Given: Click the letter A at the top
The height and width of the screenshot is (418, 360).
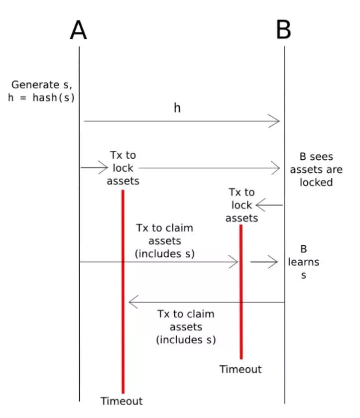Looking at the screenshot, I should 79,30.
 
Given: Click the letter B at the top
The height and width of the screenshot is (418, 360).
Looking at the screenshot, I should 283,30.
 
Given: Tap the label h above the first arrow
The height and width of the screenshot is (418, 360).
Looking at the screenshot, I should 177,107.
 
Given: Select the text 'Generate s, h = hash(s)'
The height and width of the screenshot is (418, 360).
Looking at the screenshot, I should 41,91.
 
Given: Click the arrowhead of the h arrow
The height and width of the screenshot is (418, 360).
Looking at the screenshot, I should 275,121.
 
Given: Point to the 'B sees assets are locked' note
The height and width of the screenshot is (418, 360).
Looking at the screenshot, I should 316,170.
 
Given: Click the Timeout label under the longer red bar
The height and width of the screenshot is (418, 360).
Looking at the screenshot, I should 121,401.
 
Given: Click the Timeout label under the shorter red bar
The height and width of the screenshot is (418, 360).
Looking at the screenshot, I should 240,369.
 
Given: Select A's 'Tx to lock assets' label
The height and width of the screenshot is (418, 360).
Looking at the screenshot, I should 123,168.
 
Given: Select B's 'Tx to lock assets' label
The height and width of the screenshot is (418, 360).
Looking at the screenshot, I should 241,205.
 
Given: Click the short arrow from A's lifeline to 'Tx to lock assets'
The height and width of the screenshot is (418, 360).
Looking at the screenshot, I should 94,168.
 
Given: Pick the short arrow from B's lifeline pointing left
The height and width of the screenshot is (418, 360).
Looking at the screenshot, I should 269,205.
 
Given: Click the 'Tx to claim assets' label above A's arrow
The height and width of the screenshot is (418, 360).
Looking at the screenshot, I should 164,241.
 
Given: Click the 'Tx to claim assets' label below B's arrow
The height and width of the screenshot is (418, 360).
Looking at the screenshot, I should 186,327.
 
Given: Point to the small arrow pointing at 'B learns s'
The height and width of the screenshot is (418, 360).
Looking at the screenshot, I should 263,261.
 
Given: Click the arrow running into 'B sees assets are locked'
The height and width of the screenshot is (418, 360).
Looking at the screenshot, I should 209,168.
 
